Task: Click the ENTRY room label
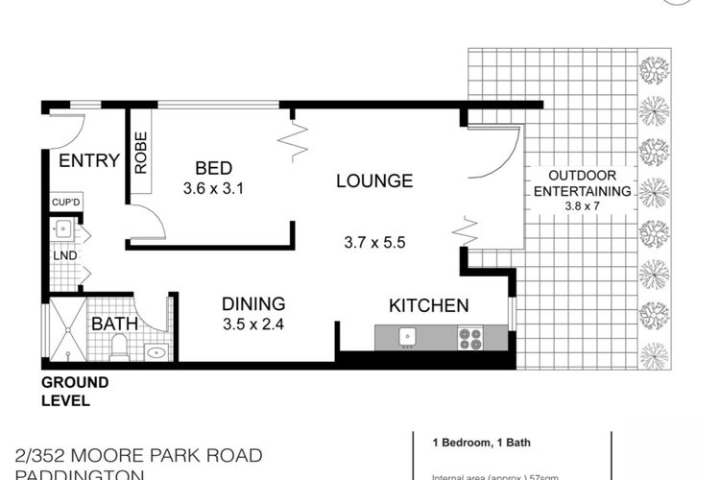click(89, 160)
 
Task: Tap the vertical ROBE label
click(140, 153)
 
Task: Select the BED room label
click(216, 165)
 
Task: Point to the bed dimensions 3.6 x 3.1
click(216, 188)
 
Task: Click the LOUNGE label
click(373, 180)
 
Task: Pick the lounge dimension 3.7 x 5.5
click(373, 243)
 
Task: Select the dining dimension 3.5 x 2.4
click(248, 324)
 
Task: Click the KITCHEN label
click(428, 307)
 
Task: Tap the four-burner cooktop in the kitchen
click(470, 338)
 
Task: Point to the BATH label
click(114, 324)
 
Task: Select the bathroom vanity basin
click(156, 351)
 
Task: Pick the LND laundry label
click(60, 256)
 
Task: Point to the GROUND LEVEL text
click(74, 390)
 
